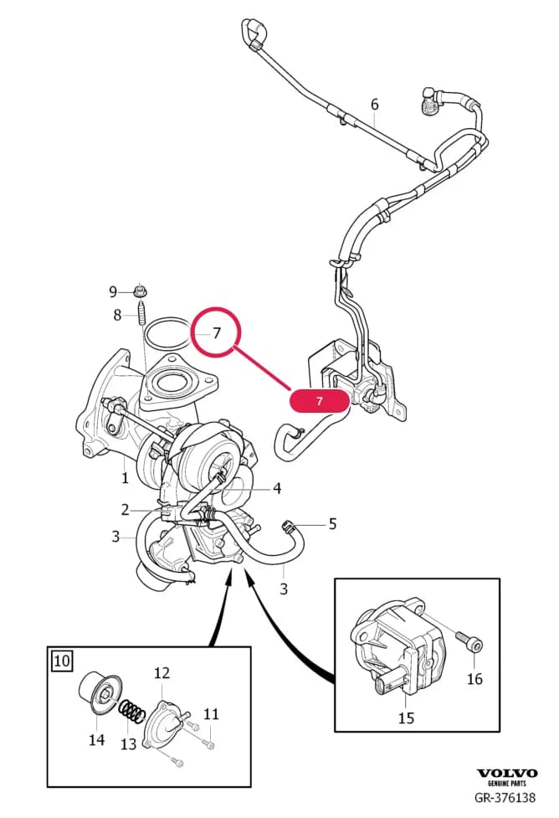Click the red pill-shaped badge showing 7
(319, 401)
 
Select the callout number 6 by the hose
(374, 105)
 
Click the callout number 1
(125, 477)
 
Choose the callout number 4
(277, 488)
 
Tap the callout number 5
(333, 523)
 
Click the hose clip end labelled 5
(287, 525)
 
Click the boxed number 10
(62, 661)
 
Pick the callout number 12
(162, 673)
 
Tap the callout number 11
(211, 713)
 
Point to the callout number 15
(406, 718)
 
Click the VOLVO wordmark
(507, 773)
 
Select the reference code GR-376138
(505, 797)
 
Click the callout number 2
(125, 509)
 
